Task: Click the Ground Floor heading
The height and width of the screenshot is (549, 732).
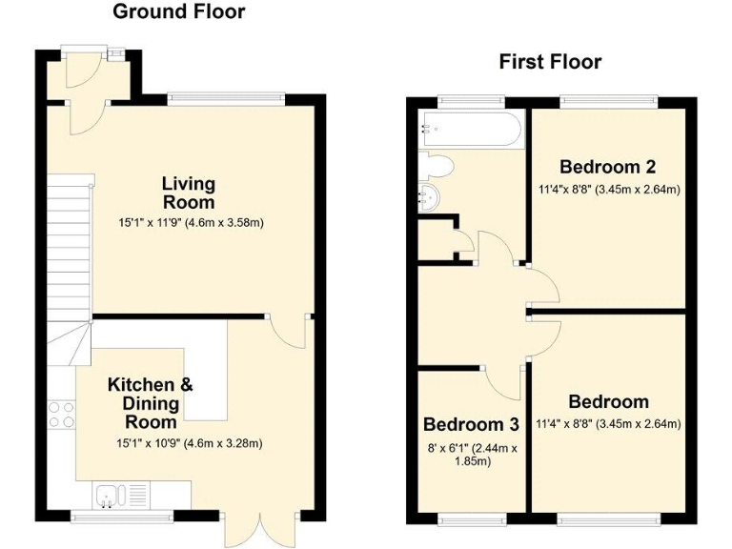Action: point(179,12)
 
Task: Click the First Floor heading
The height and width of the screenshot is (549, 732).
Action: point(550,62)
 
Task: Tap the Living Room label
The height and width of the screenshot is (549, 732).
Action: point(188,193)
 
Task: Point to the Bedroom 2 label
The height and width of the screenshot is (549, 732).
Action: point(607,165)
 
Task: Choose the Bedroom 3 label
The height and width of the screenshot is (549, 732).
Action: point(472,424)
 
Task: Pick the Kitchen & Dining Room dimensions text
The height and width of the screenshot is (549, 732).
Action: point(188,443)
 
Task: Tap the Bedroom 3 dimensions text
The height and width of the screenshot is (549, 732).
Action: point(472,455)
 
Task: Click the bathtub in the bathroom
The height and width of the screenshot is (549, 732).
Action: point(470,130)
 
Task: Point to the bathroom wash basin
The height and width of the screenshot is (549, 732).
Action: point(429,197)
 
